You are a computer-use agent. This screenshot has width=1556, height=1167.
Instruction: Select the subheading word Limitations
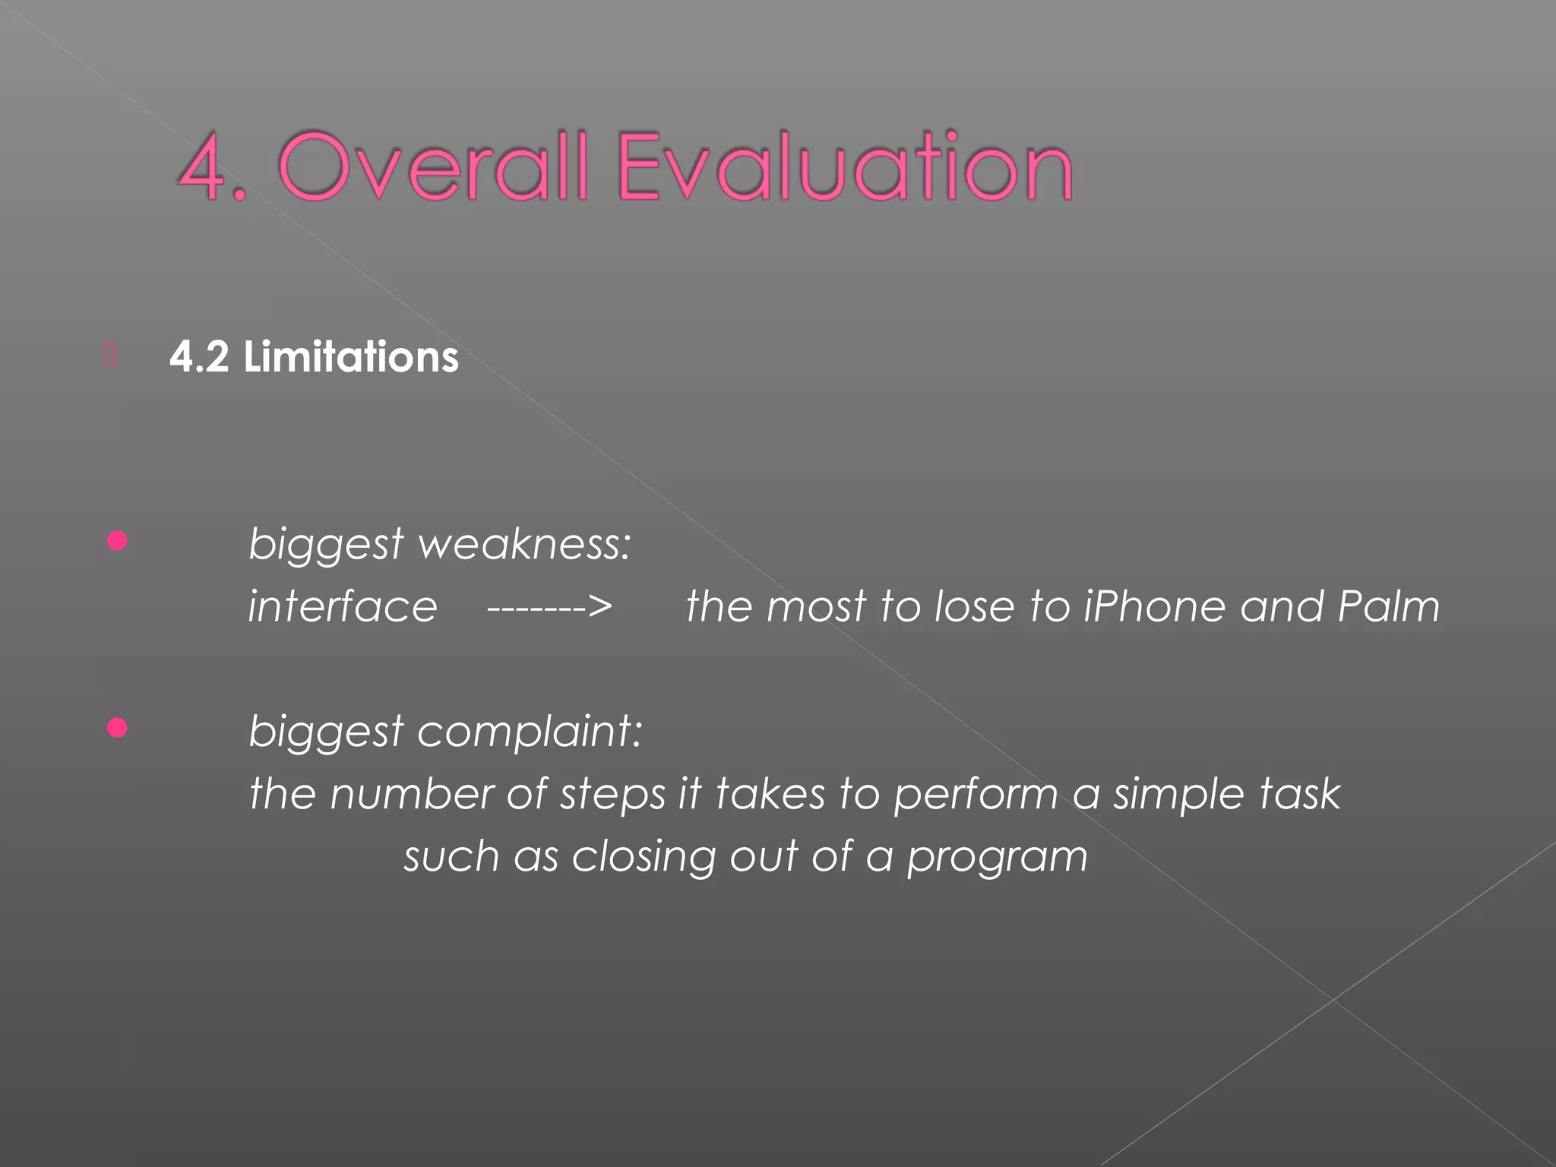pyautogui.click(x=351, y=357)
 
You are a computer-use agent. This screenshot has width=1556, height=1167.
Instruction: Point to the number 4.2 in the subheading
pyautogui.click(x=198, y=357)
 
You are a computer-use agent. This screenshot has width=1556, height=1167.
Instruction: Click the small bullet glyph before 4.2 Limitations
pyautogui.click(x=110, y=355)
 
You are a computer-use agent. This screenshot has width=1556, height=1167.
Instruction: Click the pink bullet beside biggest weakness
pyautogui.click(x=117, y=542)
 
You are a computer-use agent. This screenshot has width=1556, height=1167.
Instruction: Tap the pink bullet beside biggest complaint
pyautogui.click(x=117, y=729)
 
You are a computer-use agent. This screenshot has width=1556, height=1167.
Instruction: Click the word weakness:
pyautogui.click(x=524, y=545)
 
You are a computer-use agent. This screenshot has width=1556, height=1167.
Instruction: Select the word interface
pyautogui.click(x=343, y=607)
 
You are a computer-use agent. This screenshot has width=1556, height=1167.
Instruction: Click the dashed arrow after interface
pyautogui.click(x=549, y=607)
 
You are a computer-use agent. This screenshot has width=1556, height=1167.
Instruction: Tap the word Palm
pyautogui.click(x=1388, y=607)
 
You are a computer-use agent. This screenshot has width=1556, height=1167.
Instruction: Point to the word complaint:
pyautogui.click(x=530, y=732)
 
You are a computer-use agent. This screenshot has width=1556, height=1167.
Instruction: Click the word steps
pyautogui.click(x=612, y=795)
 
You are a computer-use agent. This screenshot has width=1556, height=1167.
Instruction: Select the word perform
pyautogui.click(x=976, y=795)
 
